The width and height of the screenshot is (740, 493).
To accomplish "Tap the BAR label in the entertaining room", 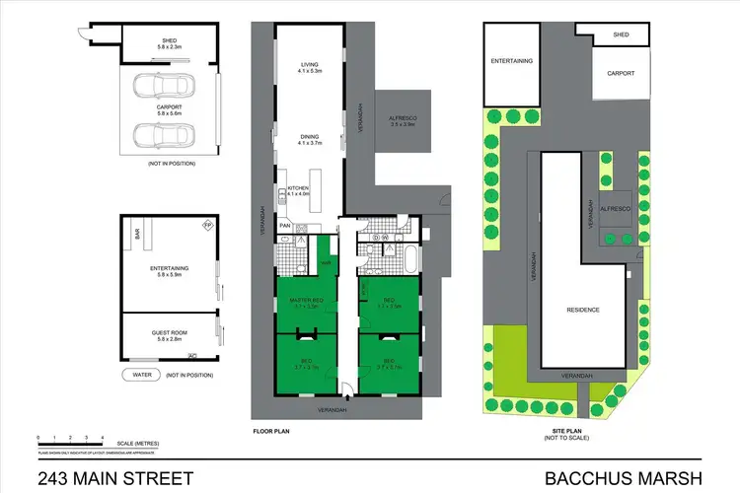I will (139, 235).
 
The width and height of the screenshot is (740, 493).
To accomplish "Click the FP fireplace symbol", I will (207, 226).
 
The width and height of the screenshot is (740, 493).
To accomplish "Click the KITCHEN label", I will (298, 188).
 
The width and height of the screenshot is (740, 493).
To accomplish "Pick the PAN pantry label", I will (284, 226).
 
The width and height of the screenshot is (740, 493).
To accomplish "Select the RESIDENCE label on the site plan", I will (582, 310).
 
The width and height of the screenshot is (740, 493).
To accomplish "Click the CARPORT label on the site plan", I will (621, 73).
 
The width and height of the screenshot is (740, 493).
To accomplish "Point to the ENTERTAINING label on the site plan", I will (512, 60).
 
